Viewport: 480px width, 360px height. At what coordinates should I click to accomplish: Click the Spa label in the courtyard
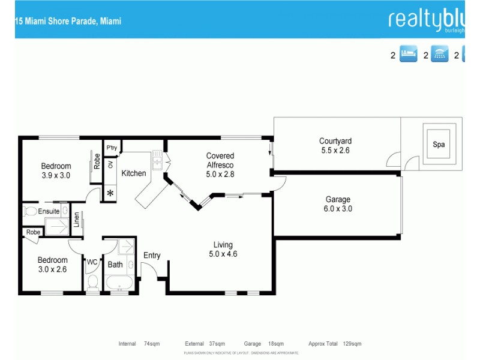(x=439, y=145)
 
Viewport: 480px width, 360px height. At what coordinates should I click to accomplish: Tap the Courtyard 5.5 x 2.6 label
(x=335, y=146)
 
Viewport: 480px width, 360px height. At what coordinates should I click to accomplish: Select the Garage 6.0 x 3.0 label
(x=338, y=204)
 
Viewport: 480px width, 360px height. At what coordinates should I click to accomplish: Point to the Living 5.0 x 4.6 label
(x=223, y=249)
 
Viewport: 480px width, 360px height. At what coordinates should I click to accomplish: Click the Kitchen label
(x=134, y=173)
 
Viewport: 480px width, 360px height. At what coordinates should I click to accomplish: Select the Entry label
(x=152, y=256)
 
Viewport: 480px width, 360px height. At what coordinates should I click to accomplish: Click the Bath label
(x=115, y=264)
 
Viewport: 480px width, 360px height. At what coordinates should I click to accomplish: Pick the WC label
(x=92, y=262)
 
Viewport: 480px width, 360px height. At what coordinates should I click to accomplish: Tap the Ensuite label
(x=49, y=211)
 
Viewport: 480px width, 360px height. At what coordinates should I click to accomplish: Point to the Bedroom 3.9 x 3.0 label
(x=56, y=171)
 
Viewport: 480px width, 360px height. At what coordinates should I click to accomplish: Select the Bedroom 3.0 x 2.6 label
(x=52, y=265)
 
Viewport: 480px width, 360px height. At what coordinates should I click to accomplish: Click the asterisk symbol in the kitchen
(x=110, y=193)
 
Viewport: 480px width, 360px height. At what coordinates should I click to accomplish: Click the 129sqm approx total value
(x=352, y=344)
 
